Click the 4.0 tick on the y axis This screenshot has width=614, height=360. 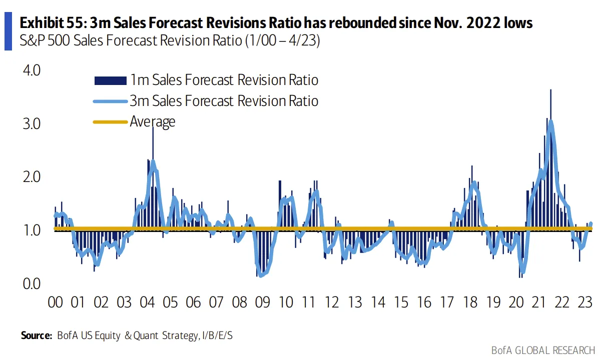coord(32,70)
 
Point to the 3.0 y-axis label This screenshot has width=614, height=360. coord(32,123)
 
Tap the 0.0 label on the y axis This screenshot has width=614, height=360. coord(32,283)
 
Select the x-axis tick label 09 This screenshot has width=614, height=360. coord(262,302)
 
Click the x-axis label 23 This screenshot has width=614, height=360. coord(584,302)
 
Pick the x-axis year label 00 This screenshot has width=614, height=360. coord(55,302)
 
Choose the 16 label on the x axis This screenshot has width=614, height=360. coord(424,302)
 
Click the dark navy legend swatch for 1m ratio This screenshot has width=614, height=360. coord(111,80)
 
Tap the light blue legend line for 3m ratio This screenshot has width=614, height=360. coord(111,101)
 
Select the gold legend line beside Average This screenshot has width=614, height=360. coord(111,122)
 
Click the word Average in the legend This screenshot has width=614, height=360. coord(153,121)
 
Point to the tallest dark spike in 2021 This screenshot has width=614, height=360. coord(550,159)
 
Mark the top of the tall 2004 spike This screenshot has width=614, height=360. coord(153,127)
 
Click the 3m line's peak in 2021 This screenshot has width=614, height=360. coord(550,122)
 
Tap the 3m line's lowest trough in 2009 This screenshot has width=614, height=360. coord(261,275)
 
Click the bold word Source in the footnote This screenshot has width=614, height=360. coord(36,335)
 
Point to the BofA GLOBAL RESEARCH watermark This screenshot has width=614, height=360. coord(543,350)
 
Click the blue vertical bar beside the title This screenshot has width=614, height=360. coord(8,31)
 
